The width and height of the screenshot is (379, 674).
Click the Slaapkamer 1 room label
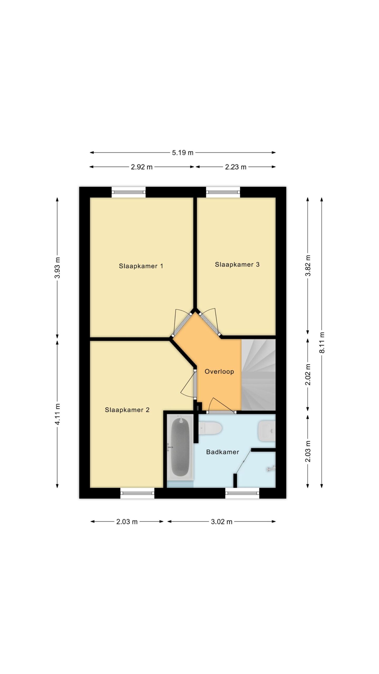pyautogui.click(x=141, y=266)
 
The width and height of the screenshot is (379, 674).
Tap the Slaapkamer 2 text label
pyautogui.click(x=127, y=410)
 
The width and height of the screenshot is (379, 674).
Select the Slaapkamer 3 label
pyautogui.click(x=237, y=264)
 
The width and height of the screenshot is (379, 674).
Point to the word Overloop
pyautogui.click(x=219, y=371)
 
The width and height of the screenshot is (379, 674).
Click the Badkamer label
pyautogui.click(x=223, y=452)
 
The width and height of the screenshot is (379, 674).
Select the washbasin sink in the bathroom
pyautogui.click(x=267, y=431)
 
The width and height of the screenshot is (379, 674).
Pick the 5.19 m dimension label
pyautogui.click(x=183, y=153)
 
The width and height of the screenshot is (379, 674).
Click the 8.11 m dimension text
pyautogui.click(x=322, y=342)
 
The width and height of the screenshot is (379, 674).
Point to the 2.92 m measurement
pyautogui.click(x=142, y=167)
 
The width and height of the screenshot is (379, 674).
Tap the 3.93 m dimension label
pyautogui.click(x=57, y=267)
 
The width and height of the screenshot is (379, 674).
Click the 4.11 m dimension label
pyautogui.click(x=57, y=414)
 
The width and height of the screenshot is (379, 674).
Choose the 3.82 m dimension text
pyautogui.click(x=308, y=265)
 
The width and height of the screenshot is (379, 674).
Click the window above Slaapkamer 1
pyautogui.click(x=128, y=192)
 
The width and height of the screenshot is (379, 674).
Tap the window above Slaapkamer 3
pyautogui.click(x=223, y=192)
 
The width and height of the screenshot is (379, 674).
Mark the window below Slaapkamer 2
pyautogui.click(x=137, y=493)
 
